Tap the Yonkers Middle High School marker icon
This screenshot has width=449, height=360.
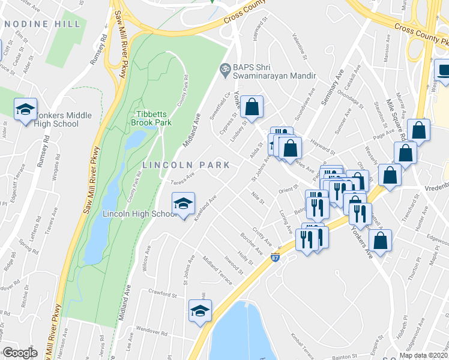click(x=25, y=109)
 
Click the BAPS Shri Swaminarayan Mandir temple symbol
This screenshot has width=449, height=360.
click(x=226, y=70)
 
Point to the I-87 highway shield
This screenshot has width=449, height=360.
click(x=275, y=258)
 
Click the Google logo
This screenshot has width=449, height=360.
click(x=20, y=352)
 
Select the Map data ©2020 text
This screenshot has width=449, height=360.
click(x=423, y=355)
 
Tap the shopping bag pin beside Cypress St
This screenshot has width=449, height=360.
click(x=253, y=107)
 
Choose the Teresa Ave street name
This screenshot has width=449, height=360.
click(x=183, y=179)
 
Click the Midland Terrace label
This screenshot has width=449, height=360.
click(x=217, y=268)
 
